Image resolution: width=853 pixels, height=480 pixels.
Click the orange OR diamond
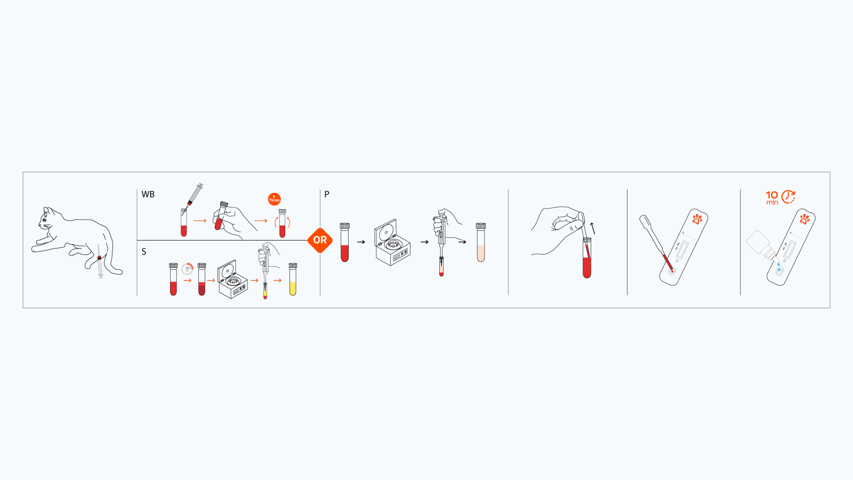pos(320,240)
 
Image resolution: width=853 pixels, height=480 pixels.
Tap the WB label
pos(148,194)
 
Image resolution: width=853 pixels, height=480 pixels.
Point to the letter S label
pos(143,252)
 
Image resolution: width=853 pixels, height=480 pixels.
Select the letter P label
pos(327,194)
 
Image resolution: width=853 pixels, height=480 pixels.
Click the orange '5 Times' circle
pos(274,199)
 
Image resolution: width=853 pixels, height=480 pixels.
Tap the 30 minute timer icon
pos(187,269)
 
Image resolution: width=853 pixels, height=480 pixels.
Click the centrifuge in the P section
pos(392,243)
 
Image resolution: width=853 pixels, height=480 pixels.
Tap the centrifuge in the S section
pos(232,279)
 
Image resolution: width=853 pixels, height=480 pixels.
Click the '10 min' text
pos(772,197)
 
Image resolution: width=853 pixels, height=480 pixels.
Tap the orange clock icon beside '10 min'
pos(788,197)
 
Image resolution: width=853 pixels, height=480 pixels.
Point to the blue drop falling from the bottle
pos(778,263)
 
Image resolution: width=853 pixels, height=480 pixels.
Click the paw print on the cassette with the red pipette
pos(697,219)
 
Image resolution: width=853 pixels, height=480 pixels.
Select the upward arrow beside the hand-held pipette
pos(592,228)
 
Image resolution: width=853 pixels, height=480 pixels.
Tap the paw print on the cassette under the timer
pos(804,219)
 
